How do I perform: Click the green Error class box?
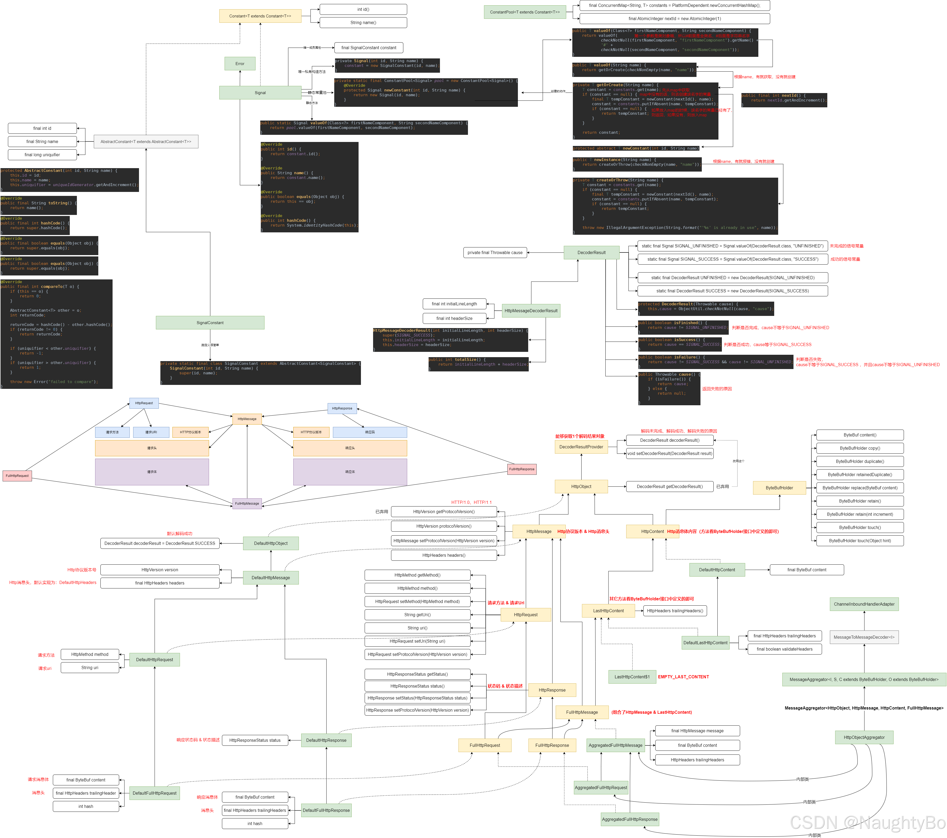[x=240, y=63]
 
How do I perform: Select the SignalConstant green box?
[x=210, y=323]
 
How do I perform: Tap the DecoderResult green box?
[x=591, y=253]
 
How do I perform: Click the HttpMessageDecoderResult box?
[x=531, y=311]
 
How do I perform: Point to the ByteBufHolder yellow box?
[x=779, y=487]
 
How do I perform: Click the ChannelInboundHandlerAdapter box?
[x=864, y=604]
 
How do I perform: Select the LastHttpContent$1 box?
[x=632, y=677]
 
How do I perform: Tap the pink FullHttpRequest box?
[x=17, y=476]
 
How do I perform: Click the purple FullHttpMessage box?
[x=247, y=503]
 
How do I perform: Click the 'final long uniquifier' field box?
[x=42, y=155]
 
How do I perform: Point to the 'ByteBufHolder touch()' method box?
[x=860, y=527]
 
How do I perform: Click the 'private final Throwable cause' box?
[x=495, y=253]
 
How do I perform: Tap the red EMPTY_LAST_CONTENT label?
[x=683, y=677]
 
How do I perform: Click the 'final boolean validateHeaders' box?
[x=784, y=649]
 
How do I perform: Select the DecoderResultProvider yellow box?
[x=581, y=447]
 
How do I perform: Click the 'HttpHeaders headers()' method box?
[x=444, y=555]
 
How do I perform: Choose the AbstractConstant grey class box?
[x=146, y=141]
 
